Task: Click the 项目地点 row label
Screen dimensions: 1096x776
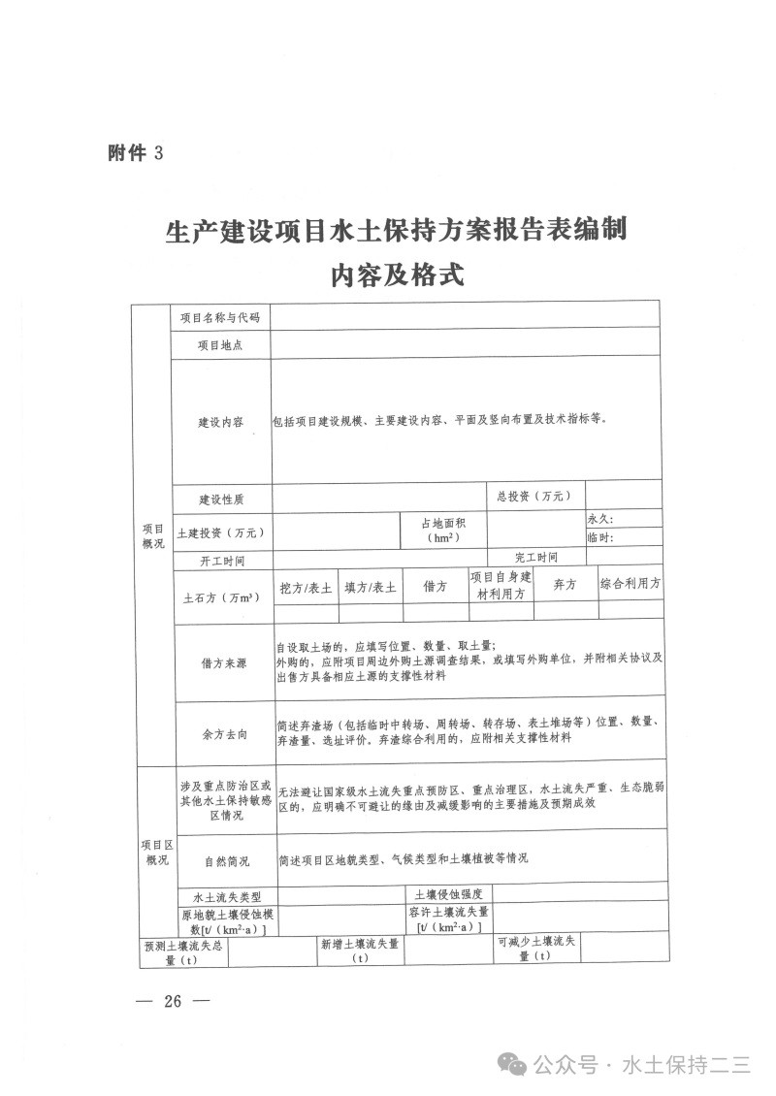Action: tap(220, 345)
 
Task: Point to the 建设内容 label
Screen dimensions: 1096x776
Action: tap(221, 422)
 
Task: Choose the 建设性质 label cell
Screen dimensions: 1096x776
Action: tap(221, 499)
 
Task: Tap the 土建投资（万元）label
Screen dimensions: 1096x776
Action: tap(221, 532)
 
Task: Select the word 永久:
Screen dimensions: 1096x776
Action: tap(600, 519)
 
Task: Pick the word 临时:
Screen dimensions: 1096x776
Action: tap(600, 537)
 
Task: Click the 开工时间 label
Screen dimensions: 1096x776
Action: tap(221, 561)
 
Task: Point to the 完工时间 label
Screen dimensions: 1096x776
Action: tap(536, 557)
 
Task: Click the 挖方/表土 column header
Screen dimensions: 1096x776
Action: tap(306, 588)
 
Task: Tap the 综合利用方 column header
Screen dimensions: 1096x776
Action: tap(630, 584)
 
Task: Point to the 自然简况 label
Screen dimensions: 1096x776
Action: tap(227, 859)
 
